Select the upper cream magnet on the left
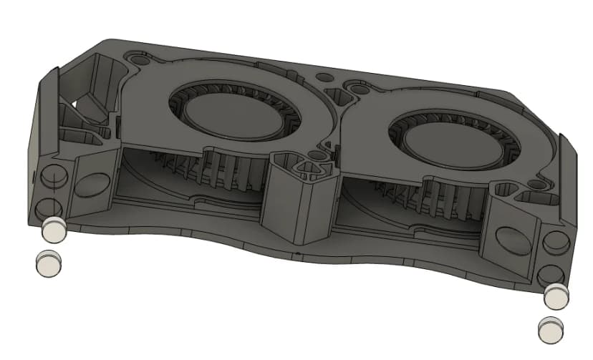53,230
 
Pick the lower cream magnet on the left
48,263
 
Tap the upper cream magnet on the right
556,294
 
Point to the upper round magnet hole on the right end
555,243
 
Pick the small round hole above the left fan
136,55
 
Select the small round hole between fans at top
323,76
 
